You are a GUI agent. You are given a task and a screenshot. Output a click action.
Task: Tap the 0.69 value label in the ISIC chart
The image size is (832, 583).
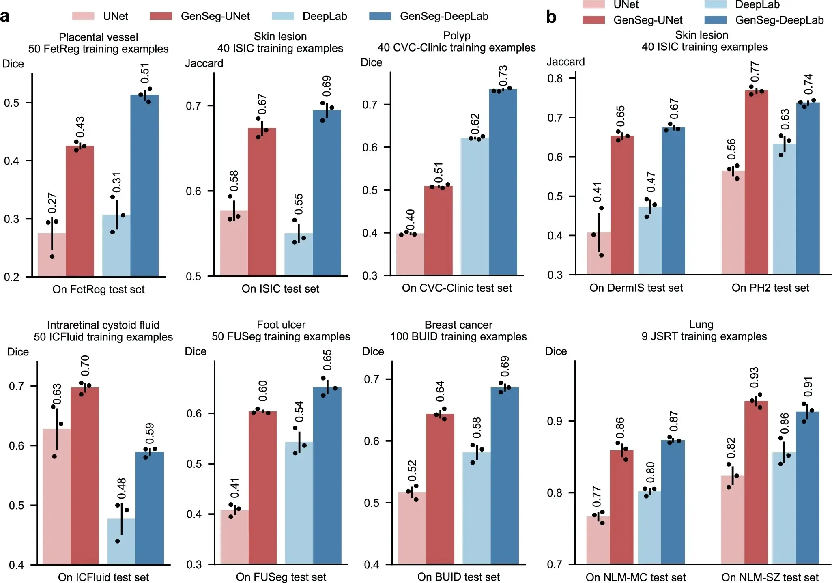click(x=327, y=85)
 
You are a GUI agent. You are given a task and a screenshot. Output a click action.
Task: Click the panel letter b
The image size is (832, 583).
click(x=551, y=17)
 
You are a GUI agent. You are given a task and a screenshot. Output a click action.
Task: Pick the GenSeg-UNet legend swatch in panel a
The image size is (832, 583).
click(x=161, y=16)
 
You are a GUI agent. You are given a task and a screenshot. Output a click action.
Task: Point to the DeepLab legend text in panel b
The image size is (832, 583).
click(x=757, y=5)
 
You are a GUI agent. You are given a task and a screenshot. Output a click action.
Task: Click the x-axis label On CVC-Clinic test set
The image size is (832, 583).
click(x=456, y=288)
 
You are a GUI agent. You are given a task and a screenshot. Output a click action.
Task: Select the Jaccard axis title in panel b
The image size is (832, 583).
click(x=565, y=62)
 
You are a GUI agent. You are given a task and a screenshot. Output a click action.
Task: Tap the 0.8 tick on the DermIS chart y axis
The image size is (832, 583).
click(x=555, y=78)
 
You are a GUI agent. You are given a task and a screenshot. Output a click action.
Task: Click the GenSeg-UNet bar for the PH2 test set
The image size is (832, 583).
click(x=756, y=182)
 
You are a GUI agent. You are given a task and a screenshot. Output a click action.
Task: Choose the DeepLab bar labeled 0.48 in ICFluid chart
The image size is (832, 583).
click(x=121, y=541)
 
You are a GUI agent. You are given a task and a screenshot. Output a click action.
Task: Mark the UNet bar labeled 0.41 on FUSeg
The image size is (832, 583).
click(x=234, y=537)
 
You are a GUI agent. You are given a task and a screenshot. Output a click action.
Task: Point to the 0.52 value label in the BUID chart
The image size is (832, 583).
click(x=412, y=471)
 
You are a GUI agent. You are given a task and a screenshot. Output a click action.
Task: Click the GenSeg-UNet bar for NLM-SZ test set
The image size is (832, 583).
click(x=756, y=482)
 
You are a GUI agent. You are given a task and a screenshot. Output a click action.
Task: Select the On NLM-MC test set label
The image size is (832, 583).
click(x=635, y=577)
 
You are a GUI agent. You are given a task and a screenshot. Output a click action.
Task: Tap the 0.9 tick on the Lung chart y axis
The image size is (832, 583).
click(x=555, y=421)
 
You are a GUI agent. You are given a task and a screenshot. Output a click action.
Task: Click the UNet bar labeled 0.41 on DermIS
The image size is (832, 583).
click(x=598, y=254)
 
